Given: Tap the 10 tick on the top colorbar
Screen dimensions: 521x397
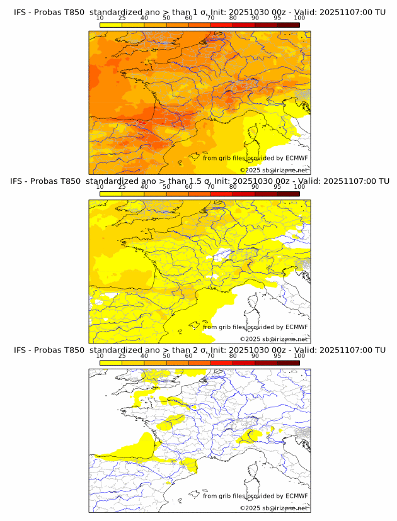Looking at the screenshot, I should click(100, 18).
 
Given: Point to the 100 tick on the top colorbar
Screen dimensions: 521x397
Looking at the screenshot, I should click(299, 18).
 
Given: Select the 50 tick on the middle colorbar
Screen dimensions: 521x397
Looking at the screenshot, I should click(166, 187).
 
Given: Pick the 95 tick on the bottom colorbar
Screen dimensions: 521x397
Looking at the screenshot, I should click(277, 356).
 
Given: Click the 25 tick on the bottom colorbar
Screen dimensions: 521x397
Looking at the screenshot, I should click(122, 356).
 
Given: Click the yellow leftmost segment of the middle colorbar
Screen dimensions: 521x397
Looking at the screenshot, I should click(111, 194).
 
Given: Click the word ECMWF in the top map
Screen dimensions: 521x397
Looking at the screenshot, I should click(296, 158).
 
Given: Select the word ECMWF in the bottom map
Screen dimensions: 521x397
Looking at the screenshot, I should click(296, 496).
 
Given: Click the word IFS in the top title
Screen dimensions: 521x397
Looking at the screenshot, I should click(20, 12).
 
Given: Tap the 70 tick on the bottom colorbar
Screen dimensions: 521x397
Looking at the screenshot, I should click(210, 356).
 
